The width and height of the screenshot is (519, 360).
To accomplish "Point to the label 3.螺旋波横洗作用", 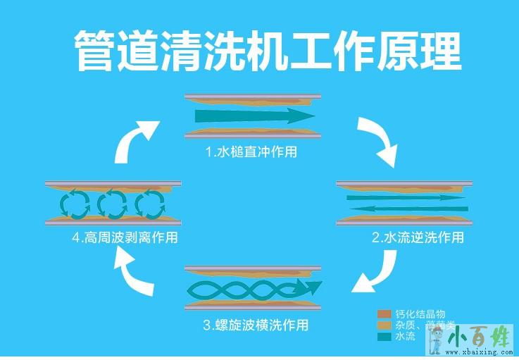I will click(x=256, y=325).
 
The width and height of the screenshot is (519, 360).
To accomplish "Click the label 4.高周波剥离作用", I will click(x=124, y=237).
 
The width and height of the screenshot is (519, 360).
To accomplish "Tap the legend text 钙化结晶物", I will click(x=420, y=314).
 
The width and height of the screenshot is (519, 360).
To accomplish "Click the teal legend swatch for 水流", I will click(x=384, y=337).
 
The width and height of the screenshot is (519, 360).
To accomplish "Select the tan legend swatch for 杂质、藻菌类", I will click(x=384, y=325).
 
